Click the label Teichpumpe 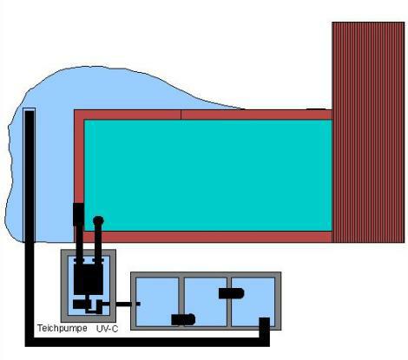[x=63, y=328]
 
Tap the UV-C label [x=107, y=329]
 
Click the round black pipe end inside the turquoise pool [x=98, y=221]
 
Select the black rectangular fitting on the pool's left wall [x=78, y=214]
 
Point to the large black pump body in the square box [x=89, y=279]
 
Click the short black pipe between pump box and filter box [x=128, y=304]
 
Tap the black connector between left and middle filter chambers [x=183, y=319]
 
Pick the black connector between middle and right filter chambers [x=231, y=293]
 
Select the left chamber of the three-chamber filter [x=157, y=302]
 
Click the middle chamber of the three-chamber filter [x=206, y=302]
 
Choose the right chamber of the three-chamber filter [x=253, y=302]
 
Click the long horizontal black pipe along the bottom [x=148, y=342]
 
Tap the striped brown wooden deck [x=368, y=132]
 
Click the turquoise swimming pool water [x=208, y=175]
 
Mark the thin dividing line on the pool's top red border [x=181, y=115]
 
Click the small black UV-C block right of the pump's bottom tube [x=99, y=306]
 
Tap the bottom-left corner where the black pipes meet [x=30, y=342]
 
